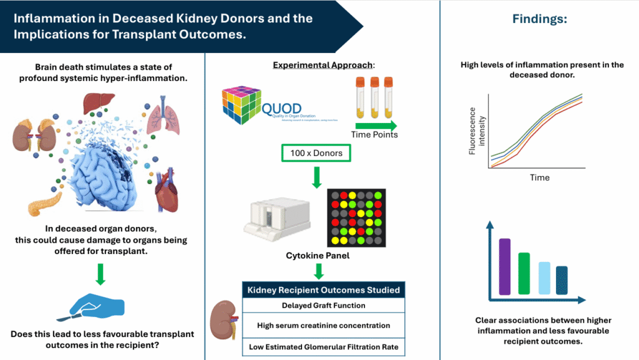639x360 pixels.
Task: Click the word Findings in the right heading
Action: tap(539, 19)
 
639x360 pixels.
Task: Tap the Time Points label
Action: tap(374, 134)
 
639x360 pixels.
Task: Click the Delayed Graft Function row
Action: tap(323, 305)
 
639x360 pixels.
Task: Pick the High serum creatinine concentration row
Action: tap(323, 325)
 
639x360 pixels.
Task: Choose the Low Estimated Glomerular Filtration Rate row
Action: tap(323, 347)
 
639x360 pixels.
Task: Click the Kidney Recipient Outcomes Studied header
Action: tap(323, 289)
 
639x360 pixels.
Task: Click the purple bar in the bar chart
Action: tap(505, 266)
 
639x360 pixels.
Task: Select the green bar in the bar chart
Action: tap(524, 273)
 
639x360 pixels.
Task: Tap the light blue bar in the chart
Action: tap(544, 278)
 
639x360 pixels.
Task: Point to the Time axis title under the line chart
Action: tap(540, 178)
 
